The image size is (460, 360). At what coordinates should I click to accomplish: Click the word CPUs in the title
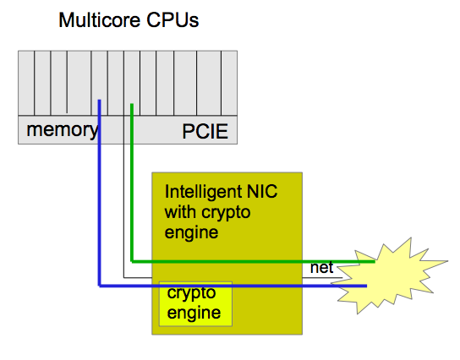click(172, 20)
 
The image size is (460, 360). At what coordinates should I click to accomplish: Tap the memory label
click(63, 130)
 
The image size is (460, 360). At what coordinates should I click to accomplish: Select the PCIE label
click(205, 131)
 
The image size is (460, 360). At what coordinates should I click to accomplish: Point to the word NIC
click(262, 192)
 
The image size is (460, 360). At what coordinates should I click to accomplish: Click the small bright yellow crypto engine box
click(195, 303)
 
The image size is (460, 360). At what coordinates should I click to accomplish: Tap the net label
click(321, 267)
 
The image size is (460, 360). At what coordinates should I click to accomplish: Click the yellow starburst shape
click(390, 277)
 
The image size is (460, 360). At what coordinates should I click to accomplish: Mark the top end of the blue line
click(100, 101)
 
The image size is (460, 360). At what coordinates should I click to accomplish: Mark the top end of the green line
click(132, 104)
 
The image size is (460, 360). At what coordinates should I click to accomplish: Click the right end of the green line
click(375, 261)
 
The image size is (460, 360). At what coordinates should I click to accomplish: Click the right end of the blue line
click(366, 286)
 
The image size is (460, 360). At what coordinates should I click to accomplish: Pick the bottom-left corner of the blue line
click(100, 286)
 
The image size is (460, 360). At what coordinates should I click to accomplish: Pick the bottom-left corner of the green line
click(132, 261)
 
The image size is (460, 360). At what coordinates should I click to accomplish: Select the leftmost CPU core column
click(26, 83)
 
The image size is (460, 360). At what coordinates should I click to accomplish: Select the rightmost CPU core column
click(229, 83)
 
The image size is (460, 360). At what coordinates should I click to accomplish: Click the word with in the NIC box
click(180, 212)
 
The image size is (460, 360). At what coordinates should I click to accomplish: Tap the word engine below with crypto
click(191, 233)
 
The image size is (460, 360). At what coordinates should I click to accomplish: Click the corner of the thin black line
click(123, 277)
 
